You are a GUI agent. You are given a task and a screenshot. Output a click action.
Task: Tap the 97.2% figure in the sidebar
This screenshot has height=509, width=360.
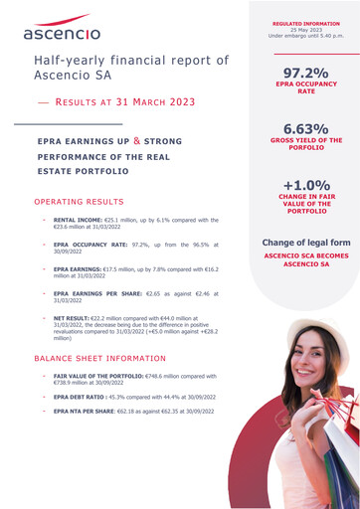(x=306, y=74)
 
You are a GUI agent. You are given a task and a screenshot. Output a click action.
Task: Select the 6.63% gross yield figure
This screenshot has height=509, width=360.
(x=306, y=130)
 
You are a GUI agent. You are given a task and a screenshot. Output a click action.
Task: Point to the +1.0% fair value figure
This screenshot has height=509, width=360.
(x=306, y=186)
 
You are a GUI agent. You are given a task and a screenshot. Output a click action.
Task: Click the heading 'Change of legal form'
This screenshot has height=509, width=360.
(x=306, y=243)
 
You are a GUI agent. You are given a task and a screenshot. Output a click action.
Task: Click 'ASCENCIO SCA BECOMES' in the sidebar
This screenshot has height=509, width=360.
(x=306, y=256)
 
